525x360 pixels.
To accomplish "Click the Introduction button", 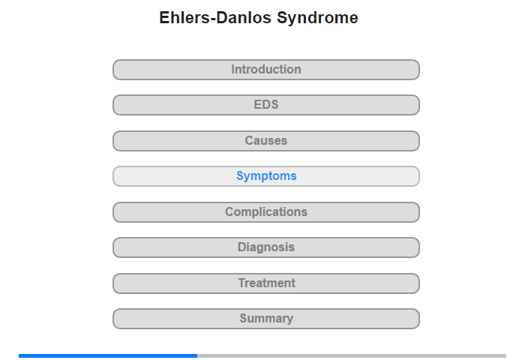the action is (x=265, y=70).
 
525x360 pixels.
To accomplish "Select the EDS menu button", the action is (x=265, y=105).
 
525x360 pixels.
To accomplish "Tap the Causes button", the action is (x=265, y=141).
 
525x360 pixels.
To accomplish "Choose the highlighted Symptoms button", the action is (x=265, y=176).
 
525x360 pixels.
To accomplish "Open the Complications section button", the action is (x=265, y=212).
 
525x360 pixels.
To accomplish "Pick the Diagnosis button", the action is (x=265, y=247).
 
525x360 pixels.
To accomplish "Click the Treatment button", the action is (x=265, y=283).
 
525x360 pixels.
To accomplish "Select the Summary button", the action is (x=265, y=319).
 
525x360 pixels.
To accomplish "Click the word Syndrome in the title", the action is (x=317, y=18).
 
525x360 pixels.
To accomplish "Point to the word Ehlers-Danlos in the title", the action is (x=215, y=17).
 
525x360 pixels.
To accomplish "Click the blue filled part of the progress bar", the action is (x=108, y=355).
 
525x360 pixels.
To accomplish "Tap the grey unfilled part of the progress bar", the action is (x=352, y=355).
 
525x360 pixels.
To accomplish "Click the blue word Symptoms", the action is (x=266, y=176).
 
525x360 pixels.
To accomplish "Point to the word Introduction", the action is (x=266, y=69).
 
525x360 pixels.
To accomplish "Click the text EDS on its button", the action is (x=266, y=104).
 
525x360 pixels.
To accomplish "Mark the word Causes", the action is (x=266, y=140).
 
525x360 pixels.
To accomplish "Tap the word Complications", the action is (x=266, y=212).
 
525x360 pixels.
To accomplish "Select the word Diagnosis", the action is (x=266, y=247).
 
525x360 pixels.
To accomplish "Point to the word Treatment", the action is (x=267, y=283).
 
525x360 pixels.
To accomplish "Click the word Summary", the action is (x=266, y=319).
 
